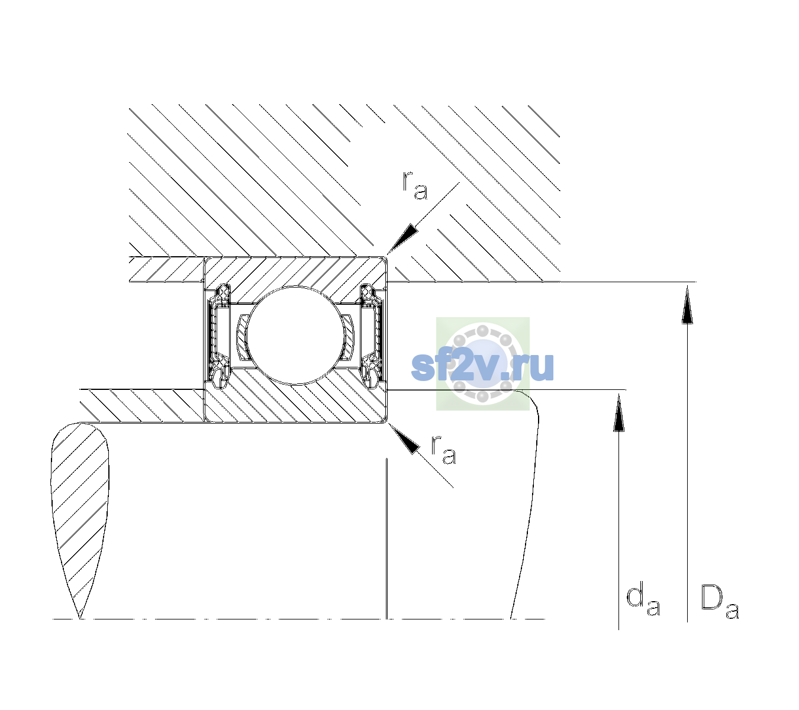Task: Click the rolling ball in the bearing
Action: tap(296, 335)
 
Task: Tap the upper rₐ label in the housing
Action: tap(415, 186)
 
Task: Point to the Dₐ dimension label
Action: tap(720, 602)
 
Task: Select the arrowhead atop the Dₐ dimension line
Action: tap(687, 305)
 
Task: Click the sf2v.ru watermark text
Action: tap(482, 367)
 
